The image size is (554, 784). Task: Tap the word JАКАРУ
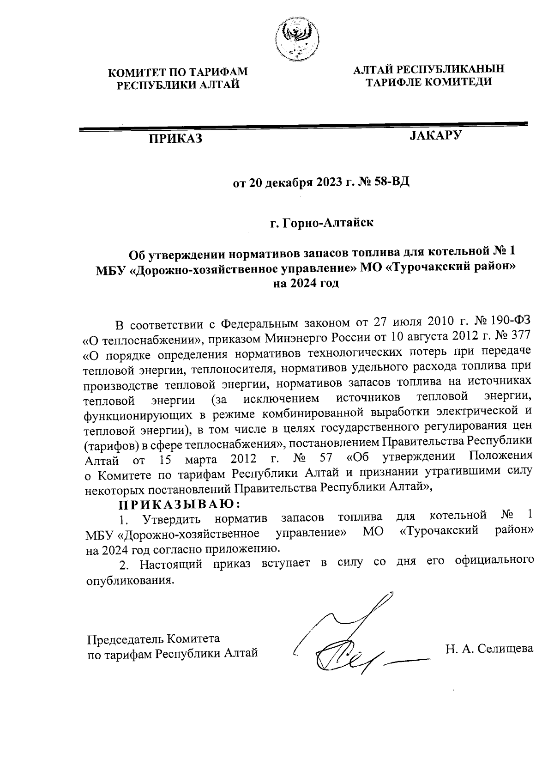pos(436,135)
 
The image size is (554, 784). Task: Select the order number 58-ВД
pos(392,182)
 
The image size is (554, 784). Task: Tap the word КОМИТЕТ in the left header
pos(134,72)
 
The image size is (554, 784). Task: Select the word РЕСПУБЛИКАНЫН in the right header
pos(450,70)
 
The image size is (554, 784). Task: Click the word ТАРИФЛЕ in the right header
pos(392,82)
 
